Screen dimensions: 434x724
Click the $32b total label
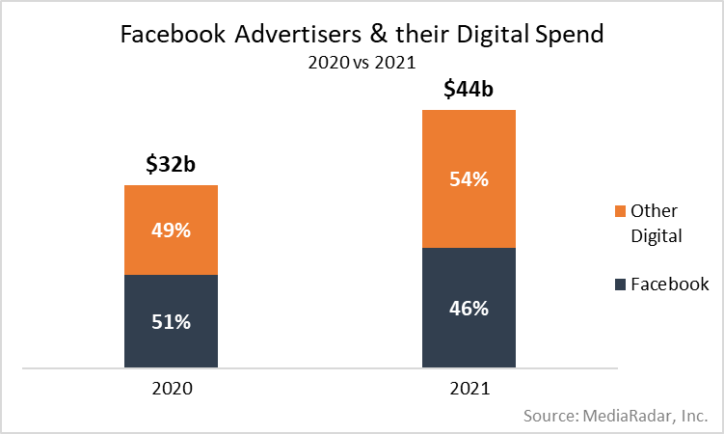click(x=171, y=165)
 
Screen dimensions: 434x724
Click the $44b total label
click(x=469, y=90)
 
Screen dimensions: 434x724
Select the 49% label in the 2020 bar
click(x=171, y=230)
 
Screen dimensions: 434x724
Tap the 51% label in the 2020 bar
click(x=171, y=321)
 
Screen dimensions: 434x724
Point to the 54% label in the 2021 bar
click(x=469, y=178)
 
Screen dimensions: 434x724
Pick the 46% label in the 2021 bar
click(x=469, y=309)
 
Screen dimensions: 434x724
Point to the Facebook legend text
click(x=670, y=285)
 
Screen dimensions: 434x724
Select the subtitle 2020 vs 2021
click(x=362, y=64)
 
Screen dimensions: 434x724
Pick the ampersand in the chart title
click(x=367, y=37)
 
